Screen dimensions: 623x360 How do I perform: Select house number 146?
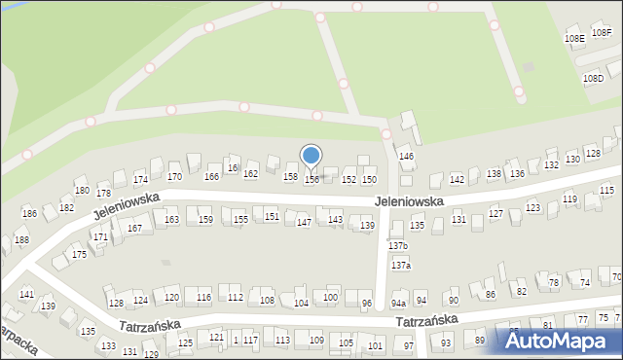(x=407, y=156)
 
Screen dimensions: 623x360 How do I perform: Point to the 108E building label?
(x=574, y=38)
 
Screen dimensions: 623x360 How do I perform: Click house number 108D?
(x=593, y=78)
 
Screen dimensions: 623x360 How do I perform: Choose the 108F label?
(x=603, y=32)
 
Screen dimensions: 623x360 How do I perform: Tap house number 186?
(x=30, y=213)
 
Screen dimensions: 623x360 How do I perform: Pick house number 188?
(x=21, y=240)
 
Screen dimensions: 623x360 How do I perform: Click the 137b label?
(x=398, y=246)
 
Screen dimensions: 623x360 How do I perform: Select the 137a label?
(x=401, y=265)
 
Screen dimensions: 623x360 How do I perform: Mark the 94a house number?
(x=398, y=304)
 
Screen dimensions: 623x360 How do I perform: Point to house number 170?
(x=174, y=177)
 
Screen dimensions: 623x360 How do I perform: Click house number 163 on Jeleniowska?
(x=171, y=220)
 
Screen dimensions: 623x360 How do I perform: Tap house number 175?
(x=79, y=254)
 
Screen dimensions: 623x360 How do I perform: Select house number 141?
(x=26, y=294)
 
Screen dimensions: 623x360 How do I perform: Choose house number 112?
(x=235, y=298)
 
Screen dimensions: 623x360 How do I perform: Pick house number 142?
(x=457, y=180)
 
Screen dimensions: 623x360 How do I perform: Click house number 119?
(x=569, y=199)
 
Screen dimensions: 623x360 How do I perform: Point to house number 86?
(x=491, y=294)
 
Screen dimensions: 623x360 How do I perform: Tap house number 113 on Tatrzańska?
(x=282, y=340)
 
